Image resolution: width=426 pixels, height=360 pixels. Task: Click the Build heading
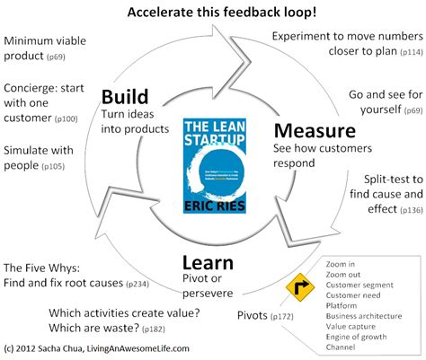(125, 97)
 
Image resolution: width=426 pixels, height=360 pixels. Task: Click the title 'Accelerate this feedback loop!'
(214, 12)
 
